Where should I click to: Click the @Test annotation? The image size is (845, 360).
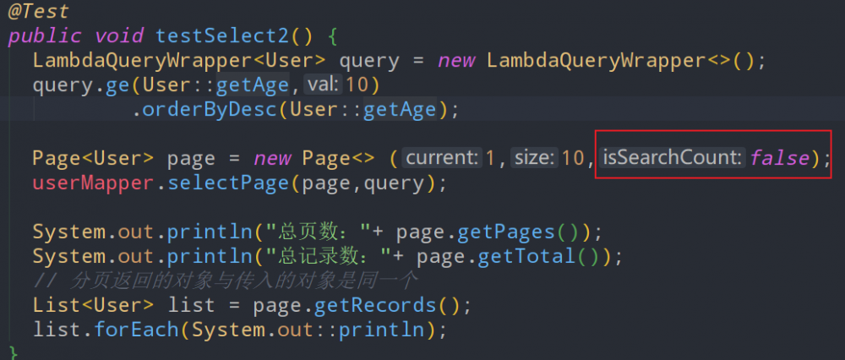(x=38, y=12)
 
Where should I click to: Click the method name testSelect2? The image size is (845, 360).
(x=222, y=36)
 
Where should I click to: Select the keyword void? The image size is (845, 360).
(x=119, y=36)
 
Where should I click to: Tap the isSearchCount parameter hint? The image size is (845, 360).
(x=672, y=157)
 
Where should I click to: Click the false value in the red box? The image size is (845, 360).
(x=779, y=158)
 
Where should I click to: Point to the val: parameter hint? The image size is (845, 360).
(x=324, y=85)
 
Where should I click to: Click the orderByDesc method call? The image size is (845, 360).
(x=210, y=110)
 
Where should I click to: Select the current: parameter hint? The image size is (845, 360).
(x=442, y=157)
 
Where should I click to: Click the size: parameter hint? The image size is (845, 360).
(x=534, y=157)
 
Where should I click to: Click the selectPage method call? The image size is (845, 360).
(x=228, y=183)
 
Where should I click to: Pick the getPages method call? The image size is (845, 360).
(x=505, y=232)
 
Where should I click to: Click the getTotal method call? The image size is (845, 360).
(x=526, y=256)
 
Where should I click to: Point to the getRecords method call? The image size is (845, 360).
(x=375, y=306)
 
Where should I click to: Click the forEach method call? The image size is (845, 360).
(x=137, y=330)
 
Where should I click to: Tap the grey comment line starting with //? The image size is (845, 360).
(x=226, y=281)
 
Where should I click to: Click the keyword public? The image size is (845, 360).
(x=45, y=36)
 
